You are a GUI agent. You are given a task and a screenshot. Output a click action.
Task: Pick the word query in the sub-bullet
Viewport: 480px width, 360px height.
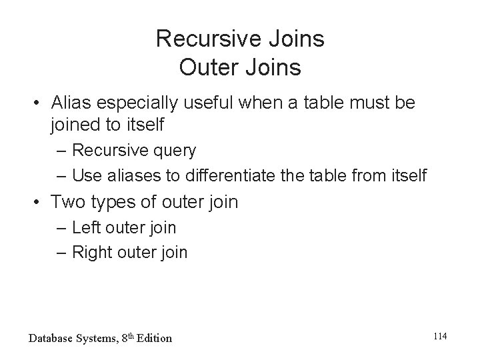pyautogui.click(x=173, y=151)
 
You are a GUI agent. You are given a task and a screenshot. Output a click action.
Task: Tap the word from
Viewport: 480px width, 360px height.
pyautogui.click(x=356, y=176)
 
